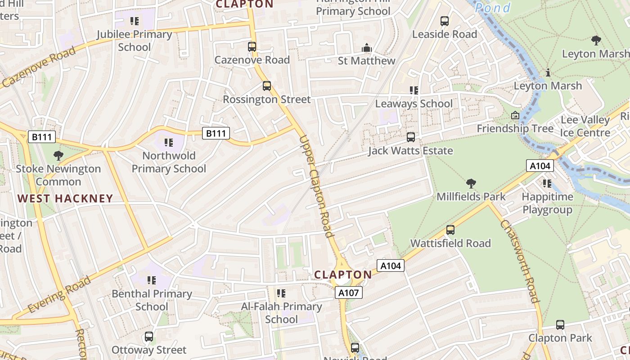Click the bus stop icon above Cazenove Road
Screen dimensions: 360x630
click(x=252, y=46)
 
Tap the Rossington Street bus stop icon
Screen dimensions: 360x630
click(x=267, y=85)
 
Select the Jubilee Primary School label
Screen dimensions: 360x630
click(x=135, y=40)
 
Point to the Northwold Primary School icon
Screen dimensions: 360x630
click(x=169, y=143)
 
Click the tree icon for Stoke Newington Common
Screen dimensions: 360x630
click(x=58, y=156)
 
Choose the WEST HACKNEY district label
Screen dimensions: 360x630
click(x=65, y=198)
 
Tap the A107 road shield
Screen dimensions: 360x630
click(x=349, y=293)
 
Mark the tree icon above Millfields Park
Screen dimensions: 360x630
click(x=471, y=183)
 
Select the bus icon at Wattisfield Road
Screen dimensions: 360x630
click(x=450, y=230)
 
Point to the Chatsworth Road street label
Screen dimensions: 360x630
click(x=520, y=261)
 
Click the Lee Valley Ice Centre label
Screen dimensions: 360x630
click(x=585, y=126)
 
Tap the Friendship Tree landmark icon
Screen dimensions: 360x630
click(x=515, y=116)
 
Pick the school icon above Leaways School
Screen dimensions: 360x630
click(x=414, y=90)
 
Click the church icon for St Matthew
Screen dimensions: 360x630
click(x=367, y=48)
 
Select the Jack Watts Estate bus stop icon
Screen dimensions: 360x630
click(x=411, y=137)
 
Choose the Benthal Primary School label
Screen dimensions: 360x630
click(x=152, y=300)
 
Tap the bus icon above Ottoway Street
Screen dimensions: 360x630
click(x=149, y=337)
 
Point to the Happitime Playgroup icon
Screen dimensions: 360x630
click(x=547, y=184)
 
